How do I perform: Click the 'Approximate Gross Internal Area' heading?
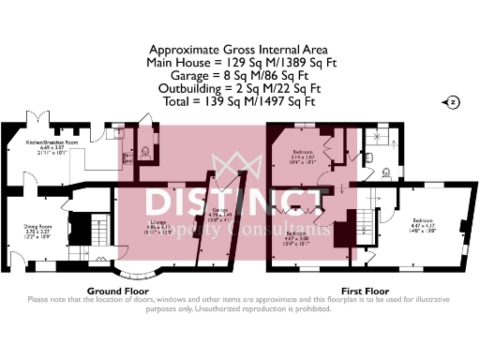pos(240,51)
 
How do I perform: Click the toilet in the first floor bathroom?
pos(387,172)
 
